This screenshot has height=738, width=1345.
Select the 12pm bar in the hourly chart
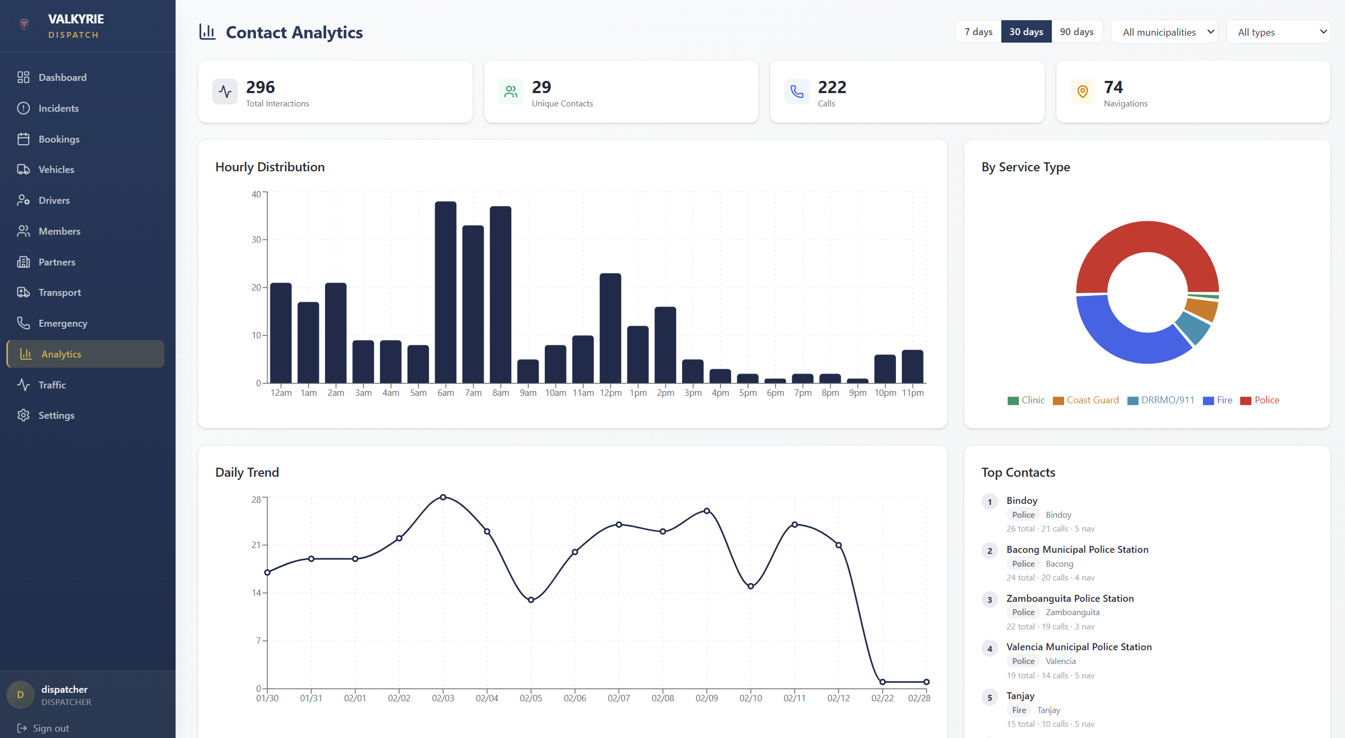610,328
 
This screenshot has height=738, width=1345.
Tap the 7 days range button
978,32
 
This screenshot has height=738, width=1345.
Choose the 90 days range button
1076,32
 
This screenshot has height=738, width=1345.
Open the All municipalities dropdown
1164,32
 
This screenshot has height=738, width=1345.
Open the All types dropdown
1277,32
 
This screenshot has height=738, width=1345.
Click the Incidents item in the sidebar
59,109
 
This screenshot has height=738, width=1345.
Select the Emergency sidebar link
63,324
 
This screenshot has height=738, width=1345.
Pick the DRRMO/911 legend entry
1161,400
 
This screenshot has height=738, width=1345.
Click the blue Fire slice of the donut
1117,341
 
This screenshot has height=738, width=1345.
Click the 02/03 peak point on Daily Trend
443,497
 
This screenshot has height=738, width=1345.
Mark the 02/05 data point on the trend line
531,600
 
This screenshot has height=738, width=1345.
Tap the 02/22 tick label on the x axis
882,698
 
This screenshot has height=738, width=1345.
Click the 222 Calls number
832,87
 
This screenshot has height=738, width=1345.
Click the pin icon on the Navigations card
1082,92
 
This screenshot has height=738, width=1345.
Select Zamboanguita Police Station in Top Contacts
1069,599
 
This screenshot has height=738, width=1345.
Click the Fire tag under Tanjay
1019,710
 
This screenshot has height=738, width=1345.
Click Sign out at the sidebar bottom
51,728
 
